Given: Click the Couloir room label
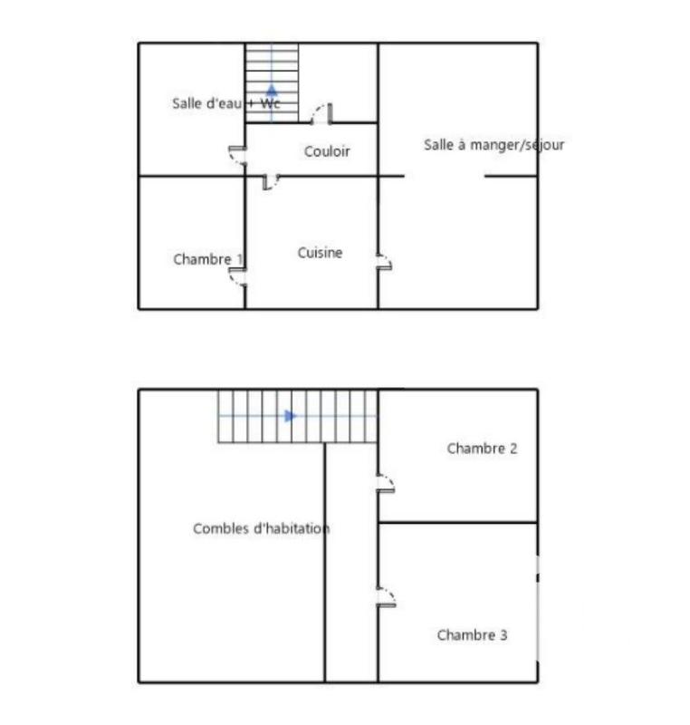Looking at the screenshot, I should pyautogui.click(x=327, y=151).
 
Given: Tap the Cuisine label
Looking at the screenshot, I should pyautogui.click(x=320, y=253).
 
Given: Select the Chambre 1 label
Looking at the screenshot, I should pyautogui.click(x=208, y=259).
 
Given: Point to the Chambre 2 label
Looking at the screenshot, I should pyautogui.click(x=482, y=448).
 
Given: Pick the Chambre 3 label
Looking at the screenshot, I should pyautogui.click(x=472, y=635).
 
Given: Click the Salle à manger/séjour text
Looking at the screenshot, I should pyautogui.click(x=494, y=144).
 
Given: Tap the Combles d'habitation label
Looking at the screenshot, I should pyautogui.click(x=261, y=528).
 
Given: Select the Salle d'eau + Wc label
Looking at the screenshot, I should pyautogui.click(x=225, y=103).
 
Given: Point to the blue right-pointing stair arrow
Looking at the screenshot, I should pyautogui.click(x=290, y=416).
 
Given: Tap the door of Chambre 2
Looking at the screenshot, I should pyautogui.click(x=386, y=482).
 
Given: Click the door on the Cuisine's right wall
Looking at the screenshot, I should pyautogui.click(x=384, y=262).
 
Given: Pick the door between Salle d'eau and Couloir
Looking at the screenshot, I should pyautogui.click(x=237, y=156).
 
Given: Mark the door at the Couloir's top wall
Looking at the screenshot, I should pyautogui.click(x=321, y=114).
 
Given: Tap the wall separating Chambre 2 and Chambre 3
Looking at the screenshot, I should pyautogui.click(x=457, y=522).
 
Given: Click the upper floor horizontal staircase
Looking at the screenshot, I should pyautogui.click(x=297, y=417).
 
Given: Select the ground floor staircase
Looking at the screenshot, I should pyautogui.click(x=272, y=82).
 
